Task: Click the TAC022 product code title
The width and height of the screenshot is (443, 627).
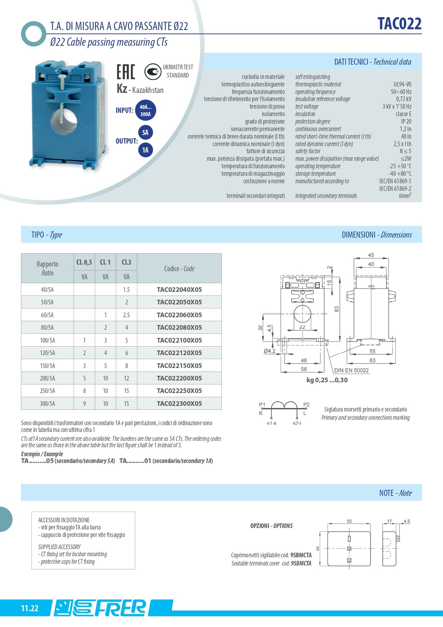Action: click(x=399, y=24)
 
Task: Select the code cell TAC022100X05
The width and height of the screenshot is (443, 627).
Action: click(x=179, y=340)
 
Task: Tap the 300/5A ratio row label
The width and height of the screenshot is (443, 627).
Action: click(x=47, y=403)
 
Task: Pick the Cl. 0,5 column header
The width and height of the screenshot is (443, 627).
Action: click(x=84, y=262)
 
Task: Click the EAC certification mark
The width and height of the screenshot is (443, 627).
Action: click(x=126, y=71)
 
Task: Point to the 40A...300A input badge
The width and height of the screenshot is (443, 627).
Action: click(x=145, y=110)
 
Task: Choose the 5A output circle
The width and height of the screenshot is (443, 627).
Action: click(x=145, y=133)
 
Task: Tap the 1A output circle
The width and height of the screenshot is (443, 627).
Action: click(x=145, y=150)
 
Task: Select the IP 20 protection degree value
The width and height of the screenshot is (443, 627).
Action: click(x=406, y=121)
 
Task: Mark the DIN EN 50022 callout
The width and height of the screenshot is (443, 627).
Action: click(x=351, y=370)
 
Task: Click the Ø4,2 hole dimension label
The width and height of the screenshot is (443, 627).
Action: click(x=269, y=351)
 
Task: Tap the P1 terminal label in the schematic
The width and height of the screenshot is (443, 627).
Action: click(x=262, y=404)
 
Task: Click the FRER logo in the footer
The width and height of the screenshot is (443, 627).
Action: click(x=120, y=608)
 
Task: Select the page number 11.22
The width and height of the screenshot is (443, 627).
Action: click(x=30, y=608)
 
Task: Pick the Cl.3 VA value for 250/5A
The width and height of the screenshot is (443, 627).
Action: click(x=126, y=391)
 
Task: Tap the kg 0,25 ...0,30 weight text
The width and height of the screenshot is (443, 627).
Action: click(x=327, y=380)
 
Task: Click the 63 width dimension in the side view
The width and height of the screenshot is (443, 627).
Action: click(x=372, y=360)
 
